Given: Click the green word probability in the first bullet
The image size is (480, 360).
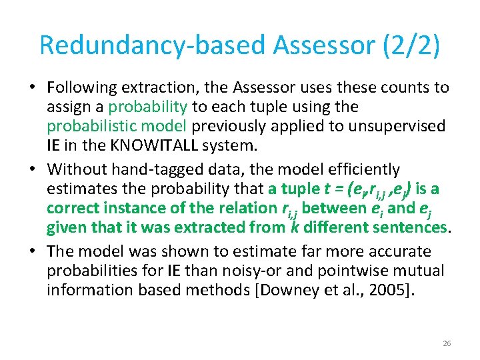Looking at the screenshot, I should (148, 107).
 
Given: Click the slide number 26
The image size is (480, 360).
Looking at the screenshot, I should (447, 343).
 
